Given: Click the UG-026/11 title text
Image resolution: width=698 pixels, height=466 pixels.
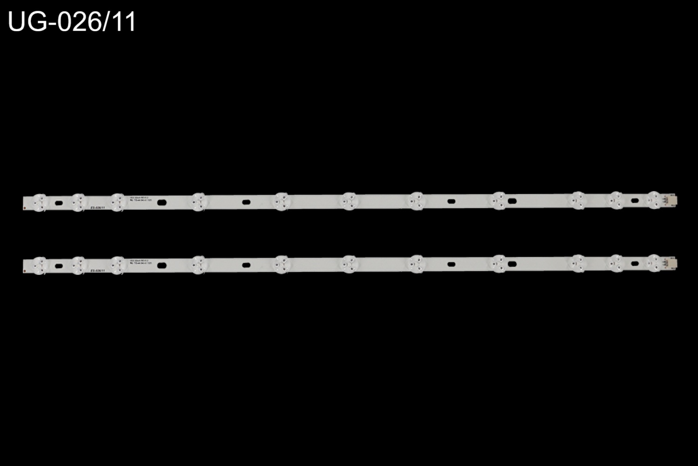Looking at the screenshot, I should (x=72, y=22).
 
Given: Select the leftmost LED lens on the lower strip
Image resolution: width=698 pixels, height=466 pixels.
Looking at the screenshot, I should (x=40, y=265).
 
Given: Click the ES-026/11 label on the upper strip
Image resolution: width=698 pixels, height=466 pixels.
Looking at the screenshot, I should (x=98, y=208).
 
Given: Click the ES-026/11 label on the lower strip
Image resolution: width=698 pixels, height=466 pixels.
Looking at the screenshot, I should (x=98, y=271).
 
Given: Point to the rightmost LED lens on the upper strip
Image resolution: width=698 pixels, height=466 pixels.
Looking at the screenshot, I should (x=654, y=200).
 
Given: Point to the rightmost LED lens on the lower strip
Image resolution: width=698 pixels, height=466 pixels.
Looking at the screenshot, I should (x=654, y=263).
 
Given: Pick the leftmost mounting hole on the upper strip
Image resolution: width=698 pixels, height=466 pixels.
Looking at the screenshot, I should (x=59, y=203).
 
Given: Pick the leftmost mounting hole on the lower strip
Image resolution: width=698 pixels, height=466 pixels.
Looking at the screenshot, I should (x=59, y=266).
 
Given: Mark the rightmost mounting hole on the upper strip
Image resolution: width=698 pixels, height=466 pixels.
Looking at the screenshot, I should (x=634, y=200).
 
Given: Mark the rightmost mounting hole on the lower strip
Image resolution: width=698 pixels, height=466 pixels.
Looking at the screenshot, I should (x=634, y=263).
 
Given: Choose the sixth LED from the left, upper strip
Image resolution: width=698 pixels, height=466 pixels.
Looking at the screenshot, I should (x=348, y=201).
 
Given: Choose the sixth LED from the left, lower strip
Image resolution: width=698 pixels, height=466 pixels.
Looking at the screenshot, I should (x=348, y=264).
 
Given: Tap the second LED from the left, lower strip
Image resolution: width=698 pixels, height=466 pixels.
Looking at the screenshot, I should (x=78, y=265).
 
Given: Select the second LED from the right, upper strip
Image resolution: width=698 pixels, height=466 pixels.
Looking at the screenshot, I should (x=616, y=200).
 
